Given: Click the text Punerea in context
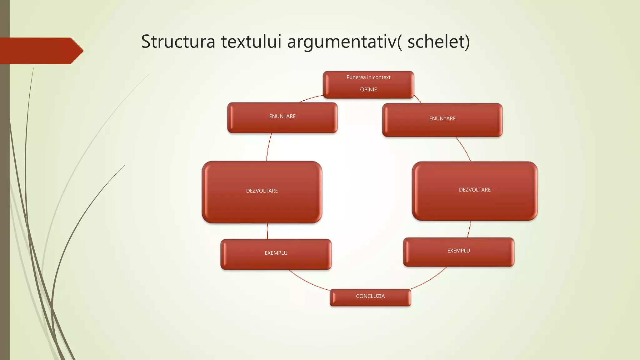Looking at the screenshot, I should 368,77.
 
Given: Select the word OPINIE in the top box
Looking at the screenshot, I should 368,90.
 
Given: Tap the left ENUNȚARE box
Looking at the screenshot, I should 282,117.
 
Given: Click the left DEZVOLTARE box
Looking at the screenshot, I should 262,192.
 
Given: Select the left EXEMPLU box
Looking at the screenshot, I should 276,254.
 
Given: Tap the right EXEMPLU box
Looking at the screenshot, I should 458,252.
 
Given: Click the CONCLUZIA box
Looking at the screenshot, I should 370,297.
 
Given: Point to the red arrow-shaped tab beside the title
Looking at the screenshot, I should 41,51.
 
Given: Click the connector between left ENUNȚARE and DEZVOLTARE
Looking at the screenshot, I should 268,147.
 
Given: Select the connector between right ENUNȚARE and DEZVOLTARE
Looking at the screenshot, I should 464,149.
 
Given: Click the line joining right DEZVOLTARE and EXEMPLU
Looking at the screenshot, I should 470,229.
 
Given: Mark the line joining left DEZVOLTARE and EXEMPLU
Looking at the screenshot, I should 267,231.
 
